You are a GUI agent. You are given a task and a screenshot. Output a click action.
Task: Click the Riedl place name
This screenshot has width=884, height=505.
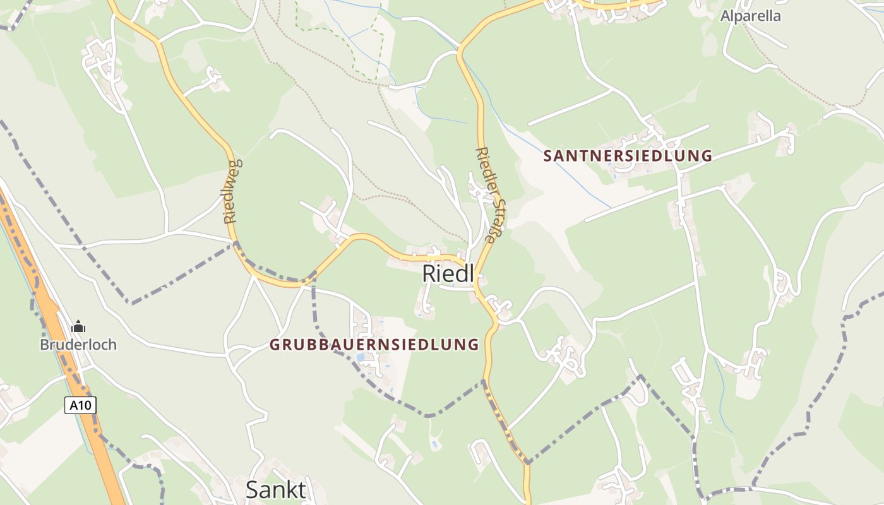click(x=448, y=274)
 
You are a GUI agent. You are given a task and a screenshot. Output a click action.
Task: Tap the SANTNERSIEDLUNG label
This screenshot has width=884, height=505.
click(x=628, y=156)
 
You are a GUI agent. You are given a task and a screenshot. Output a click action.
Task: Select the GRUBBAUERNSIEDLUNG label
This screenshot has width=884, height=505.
click(x=374, y=345)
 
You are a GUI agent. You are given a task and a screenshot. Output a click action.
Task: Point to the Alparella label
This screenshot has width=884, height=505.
click(x=750, y=16)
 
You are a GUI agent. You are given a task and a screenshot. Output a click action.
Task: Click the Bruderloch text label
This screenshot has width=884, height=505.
click(x=78, y=345)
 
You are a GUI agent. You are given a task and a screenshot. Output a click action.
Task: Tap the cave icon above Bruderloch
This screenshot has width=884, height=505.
click(x=78, y=327)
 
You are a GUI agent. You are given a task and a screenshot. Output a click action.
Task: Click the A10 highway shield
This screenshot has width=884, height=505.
click(x=80, y=405)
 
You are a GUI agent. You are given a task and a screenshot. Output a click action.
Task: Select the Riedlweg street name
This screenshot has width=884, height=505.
click(x=232, y=191)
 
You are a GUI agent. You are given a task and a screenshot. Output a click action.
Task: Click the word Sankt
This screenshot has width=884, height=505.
click(x=275, y=490)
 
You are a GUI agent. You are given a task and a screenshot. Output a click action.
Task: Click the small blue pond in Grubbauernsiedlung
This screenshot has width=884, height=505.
click(x=360, y=357)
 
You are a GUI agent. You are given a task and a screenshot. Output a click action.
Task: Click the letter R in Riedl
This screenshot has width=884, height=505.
click(x=429, y=274)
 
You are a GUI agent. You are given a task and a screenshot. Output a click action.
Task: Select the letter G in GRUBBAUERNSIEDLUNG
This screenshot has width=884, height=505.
click(x=274, y=345)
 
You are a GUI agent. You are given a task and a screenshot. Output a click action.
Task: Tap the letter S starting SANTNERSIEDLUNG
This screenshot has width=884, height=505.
click(x=547, y=156)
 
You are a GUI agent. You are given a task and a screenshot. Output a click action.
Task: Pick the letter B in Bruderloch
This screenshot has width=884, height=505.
click(x=44, y=345)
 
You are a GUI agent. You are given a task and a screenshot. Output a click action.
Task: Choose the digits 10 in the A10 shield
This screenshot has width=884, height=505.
click(x=85, y=405)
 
